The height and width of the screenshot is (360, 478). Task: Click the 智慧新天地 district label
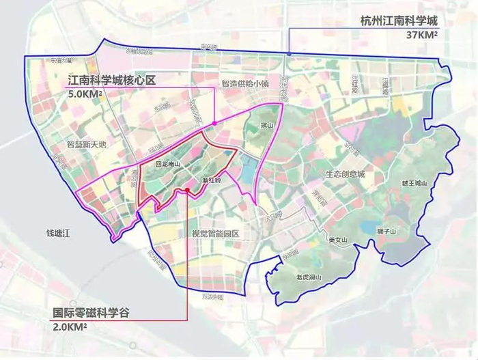(87, 145)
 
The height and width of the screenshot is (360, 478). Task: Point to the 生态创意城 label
(345, 174)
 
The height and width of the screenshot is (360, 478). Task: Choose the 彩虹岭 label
(212, 180)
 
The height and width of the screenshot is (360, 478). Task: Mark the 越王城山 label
(414, 183)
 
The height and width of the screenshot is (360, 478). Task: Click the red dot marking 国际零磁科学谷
(186, 190)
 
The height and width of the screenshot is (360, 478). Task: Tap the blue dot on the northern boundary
(288, 53)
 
